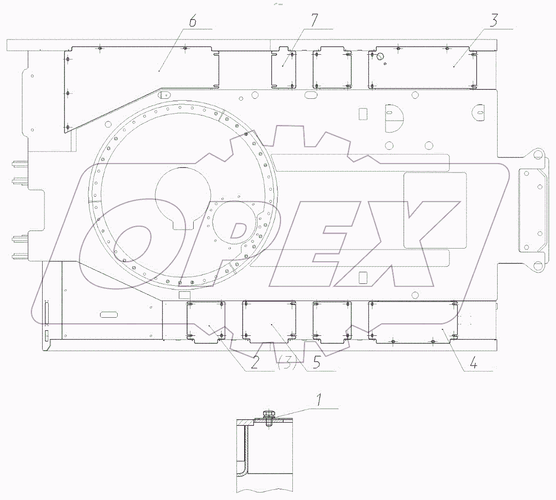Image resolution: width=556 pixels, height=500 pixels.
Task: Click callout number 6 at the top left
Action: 193,21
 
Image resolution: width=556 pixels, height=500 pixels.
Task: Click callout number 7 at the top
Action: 314,20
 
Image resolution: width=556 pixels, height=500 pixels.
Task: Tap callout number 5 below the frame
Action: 316,362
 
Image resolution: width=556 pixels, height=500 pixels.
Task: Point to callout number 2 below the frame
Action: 254,363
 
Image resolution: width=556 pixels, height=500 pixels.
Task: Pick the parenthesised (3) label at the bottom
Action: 287,363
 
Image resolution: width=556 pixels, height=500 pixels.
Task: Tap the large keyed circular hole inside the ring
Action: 183,197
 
